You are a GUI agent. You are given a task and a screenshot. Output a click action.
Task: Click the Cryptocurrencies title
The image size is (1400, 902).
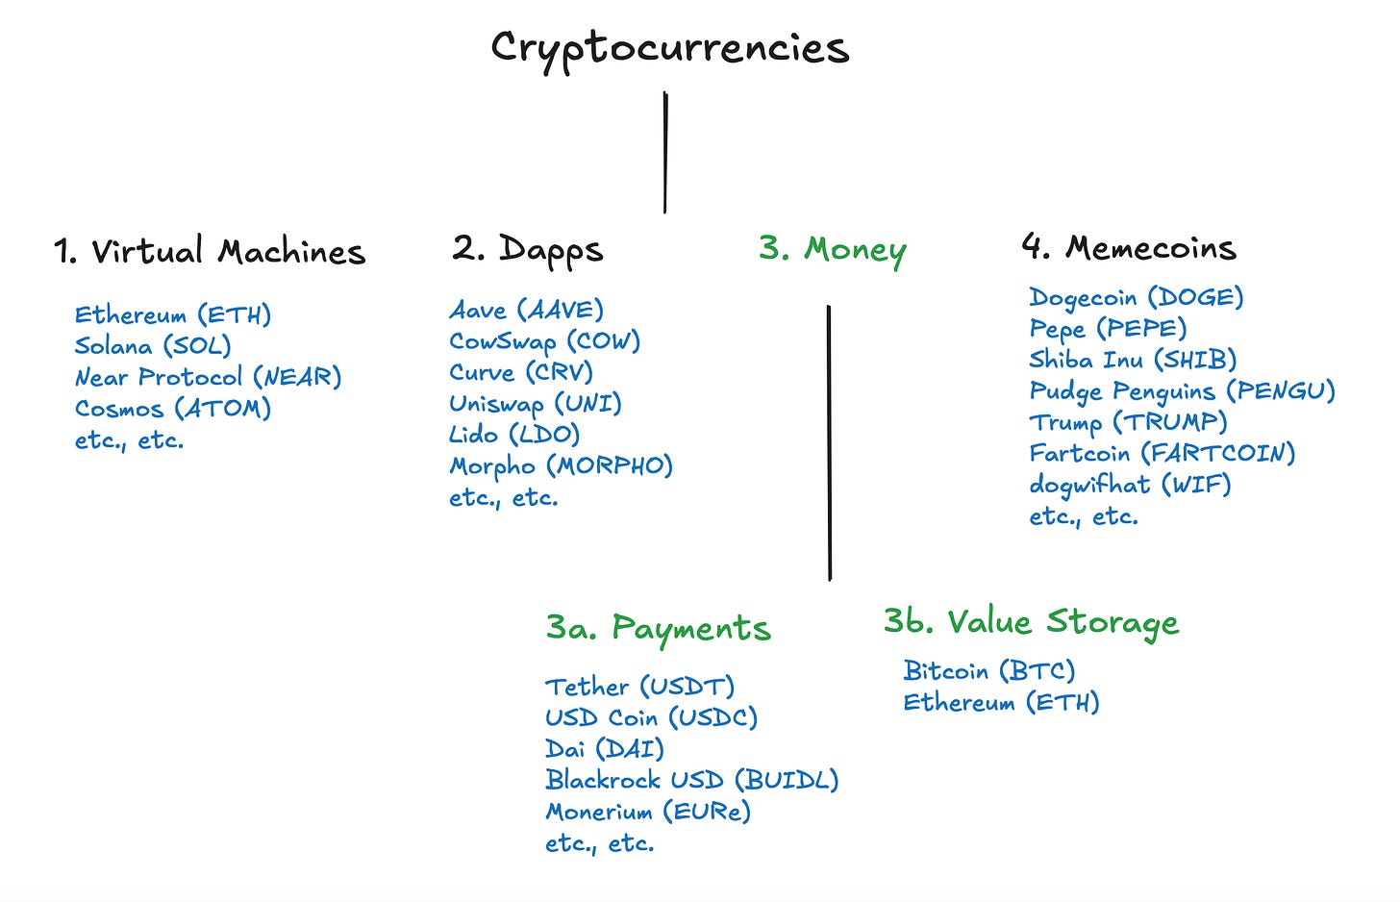tap(669, 47)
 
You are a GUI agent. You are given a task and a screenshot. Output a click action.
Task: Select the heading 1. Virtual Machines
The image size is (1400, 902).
tap(210, 252)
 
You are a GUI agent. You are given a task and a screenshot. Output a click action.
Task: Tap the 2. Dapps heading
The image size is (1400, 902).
tap(528, 249)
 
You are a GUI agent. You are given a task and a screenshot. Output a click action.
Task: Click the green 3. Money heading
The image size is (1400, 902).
tap(833, 249)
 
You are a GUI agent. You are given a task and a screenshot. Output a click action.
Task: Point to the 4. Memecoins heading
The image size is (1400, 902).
tap(1129, 248)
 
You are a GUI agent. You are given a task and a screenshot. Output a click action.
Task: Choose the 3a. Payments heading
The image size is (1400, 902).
tap(659, 628)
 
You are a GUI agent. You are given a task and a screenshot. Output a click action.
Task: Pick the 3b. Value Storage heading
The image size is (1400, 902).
tap(1031, 622)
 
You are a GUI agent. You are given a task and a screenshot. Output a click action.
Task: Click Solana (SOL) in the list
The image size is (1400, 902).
tap(153, 346)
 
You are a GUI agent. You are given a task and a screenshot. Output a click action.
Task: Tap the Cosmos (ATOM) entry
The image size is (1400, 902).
tap(173, 409)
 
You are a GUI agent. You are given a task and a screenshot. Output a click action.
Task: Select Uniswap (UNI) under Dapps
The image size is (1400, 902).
tap(536, 404)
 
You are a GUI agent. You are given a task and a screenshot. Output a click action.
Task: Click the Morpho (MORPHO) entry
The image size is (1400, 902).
tap(562, 466)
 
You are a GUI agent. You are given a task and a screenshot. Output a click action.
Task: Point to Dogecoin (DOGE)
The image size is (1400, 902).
tap(1137, 297)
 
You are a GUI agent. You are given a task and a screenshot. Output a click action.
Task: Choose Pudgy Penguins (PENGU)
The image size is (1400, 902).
tap(1183, 391)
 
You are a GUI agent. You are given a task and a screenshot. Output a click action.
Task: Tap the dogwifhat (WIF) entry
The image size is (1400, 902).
tap(1130, 485)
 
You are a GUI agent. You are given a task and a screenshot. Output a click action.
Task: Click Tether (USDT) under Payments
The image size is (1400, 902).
tap(640, 687)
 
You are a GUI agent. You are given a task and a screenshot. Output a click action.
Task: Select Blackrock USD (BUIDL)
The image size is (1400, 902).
tap(692, 780)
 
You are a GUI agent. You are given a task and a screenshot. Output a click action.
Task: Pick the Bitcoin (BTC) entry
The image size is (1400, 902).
tap(989, 670)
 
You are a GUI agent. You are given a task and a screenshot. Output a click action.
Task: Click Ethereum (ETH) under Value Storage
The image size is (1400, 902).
tap(1001, 703)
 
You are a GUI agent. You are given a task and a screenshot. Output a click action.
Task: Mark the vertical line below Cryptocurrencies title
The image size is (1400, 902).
tap(665, 152)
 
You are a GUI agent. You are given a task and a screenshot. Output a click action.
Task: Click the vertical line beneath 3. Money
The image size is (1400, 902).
tap(829, 442)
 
